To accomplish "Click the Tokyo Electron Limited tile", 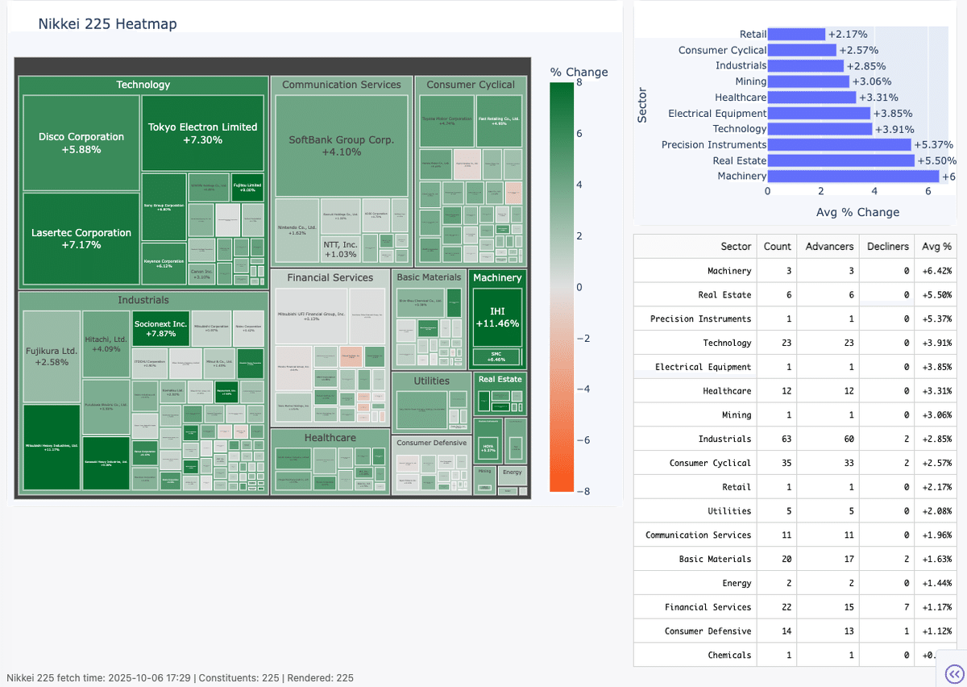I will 202,133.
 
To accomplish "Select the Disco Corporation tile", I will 81,143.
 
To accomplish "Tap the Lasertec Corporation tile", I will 81,238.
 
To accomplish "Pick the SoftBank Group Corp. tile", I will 342,145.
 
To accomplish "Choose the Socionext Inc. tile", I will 160,328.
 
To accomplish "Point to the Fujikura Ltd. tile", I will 52,356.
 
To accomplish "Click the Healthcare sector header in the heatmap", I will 330,438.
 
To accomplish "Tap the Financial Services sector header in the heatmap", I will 330,277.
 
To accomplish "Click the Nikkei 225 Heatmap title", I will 107,24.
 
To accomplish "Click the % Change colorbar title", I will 579,72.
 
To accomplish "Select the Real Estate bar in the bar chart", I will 840,160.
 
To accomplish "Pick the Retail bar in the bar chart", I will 796,35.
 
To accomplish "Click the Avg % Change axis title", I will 857,212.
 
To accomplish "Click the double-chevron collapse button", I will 953,673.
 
